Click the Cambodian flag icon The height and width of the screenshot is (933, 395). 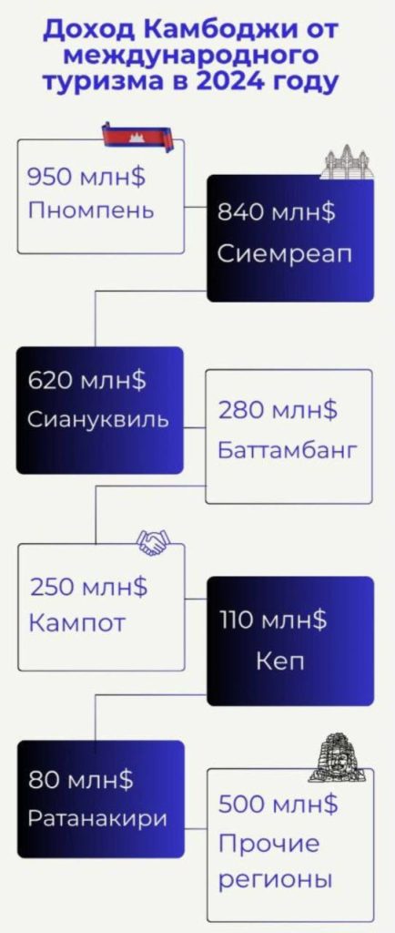(138, 137)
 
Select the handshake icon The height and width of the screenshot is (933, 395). (153, 542)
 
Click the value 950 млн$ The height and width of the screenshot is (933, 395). (86, 178)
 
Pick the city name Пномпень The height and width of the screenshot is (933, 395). (91, 210)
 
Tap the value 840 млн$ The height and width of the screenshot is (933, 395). (276, 211)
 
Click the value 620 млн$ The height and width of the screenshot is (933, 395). (86, 380)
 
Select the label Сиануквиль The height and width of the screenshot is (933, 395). (98, 419)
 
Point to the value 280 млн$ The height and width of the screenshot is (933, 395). (278, 411)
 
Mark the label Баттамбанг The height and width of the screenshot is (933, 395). (288, 450)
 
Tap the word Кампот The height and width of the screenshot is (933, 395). (77, 623)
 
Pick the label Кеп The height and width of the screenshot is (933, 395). (280, 661)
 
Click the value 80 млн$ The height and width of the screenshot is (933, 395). (81, 780)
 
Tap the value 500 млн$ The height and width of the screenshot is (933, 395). (278, 805)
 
